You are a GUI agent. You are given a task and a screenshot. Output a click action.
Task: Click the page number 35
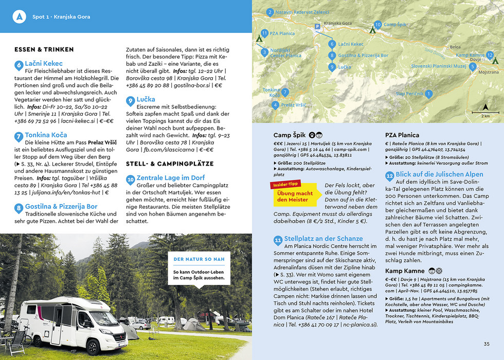point(487,344)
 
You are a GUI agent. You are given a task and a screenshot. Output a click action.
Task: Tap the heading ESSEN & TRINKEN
point(44,50)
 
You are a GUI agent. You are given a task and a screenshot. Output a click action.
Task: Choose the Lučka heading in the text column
point(145,99)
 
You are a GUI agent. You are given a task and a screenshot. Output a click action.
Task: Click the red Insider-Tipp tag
point(286,183)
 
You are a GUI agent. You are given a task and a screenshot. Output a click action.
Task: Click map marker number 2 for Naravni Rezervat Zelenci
point(270,12)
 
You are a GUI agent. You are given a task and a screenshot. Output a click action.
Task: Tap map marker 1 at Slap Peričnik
point(428,94)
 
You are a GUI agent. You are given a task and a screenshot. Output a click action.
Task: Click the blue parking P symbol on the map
point(317,26)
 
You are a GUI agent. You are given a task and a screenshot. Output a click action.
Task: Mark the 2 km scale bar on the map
point(485,113)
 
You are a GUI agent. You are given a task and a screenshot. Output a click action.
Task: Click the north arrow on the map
point(485,107)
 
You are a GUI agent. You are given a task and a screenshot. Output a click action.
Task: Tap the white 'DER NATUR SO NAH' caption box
point(199,269)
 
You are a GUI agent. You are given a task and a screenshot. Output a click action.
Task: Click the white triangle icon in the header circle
point(20,16)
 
